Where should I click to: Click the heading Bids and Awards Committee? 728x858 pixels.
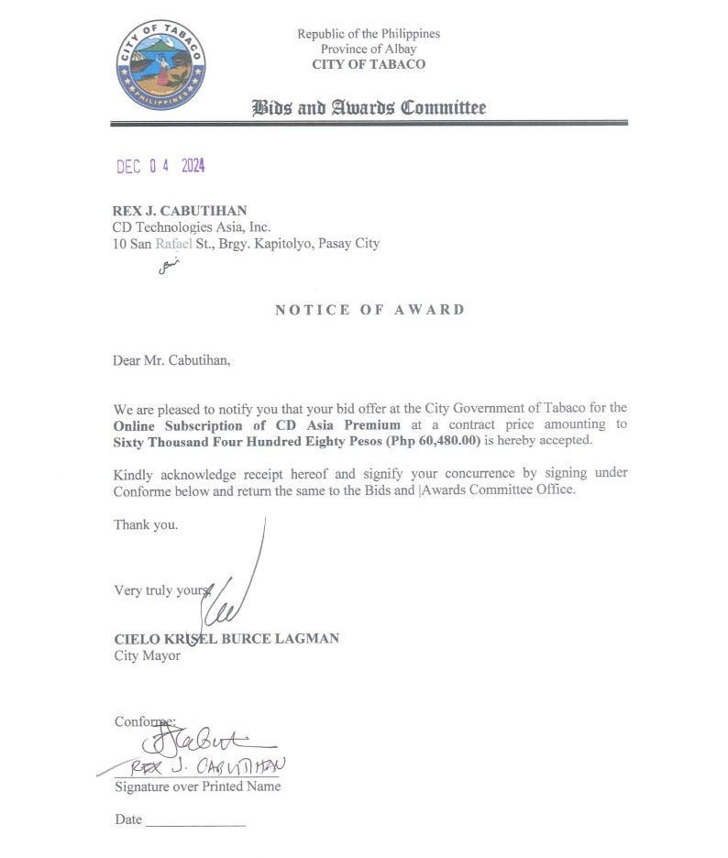point(369,108)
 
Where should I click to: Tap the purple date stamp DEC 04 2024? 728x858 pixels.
point(160,167)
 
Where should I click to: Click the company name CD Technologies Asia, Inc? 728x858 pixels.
point(191,227)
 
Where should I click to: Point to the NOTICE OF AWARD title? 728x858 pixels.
point(370,310)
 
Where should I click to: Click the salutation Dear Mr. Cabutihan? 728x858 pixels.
point(172,360)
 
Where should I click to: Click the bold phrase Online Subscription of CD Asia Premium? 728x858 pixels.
point(257,424)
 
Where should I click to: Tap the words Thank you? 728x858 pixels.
point(146,525)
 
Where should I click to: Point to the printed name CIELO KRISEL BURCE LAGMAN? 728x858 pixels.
point(226,638)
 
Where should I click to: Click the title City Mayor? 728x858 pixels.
point(147,655)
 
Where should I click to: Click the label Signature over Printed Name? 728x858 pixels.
point(197,786)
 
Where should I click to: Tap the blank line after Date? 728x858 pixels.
point(195,822)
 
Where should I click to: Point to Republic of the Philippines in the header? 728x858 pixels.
point(368,34)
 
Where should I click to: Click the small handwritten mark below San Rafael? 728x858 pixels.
point(165,267)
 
